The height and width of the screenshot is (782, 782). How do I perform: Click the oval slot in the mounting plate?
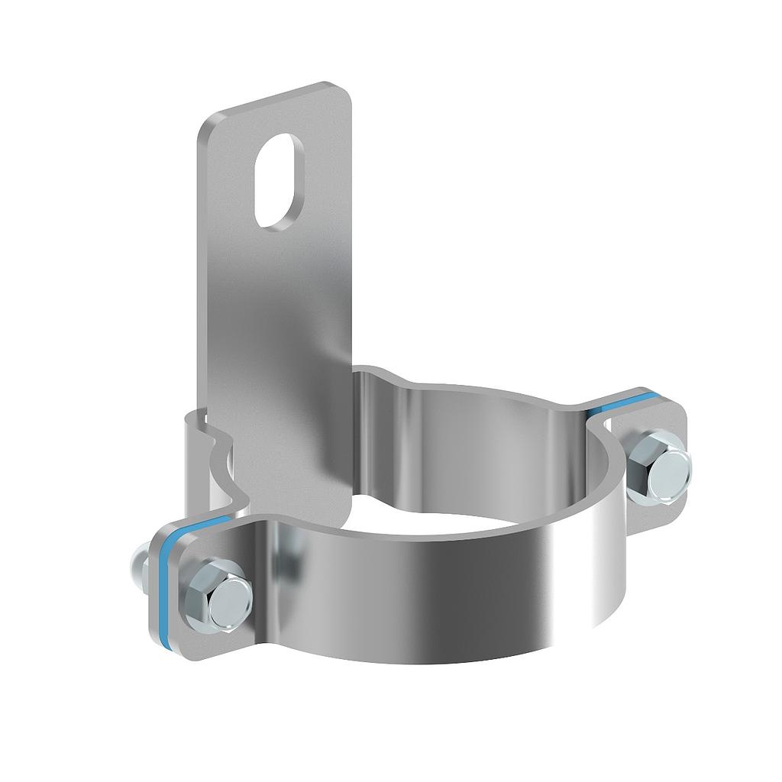pyautogui.click(x=278, y=180)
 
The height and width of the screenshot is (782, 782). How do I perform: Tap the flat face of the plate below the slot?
pyautogui.click(x=283, y=305)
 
